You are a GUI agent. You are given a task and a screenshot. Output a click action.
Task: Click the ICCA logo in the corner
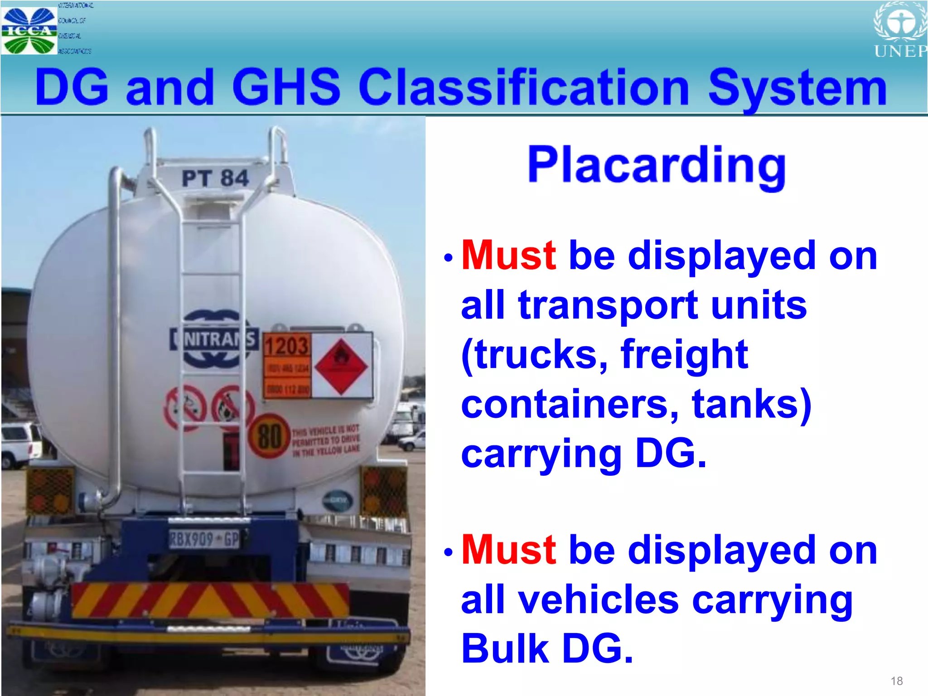click(x=29, y=30)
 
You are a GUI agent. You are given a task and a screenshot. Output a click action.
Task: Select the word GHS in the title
click(x=285, y=87)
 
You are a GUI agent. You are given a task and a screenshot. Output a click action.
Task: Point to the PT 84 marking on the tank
click(x=215, y=178)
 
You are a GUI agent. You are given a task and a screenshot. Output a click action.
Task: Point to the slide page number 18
click(x=896, y=681)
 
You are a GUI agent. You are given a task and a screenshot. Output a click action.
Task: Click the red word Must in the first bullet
click(x=508, y=256)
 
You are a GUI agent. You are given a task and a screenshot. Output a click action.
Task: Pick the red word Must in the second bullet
click(x=508, y=550)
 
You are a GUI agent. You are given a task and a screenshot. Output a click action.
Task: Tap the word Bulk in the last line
click(x=505, y=648)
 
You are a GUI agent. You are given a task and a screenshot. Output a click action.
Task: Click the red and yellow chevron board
click(x=211, y=600)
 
